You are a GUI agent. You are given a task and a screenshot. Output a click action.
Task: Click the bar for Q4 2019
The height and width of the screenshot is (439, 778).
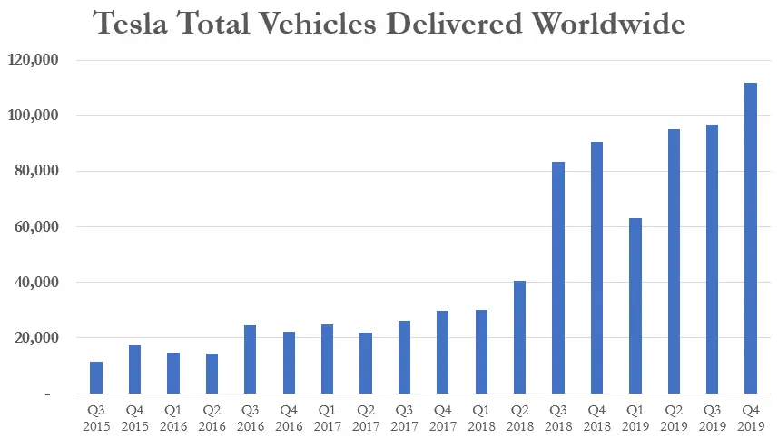[x=751, y=238]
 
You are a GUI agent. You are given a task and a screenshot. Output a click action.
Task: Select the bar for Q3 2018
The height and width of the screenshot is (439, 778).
[x=557, y=277]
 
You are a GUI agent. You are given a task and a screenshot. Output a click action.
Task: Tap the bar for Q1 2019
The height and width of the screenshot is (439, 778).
[x=635, y=305]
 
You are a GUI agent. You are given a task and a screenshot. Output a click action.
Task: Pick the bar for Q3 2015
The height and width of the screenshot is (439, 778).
[x=95, y=377]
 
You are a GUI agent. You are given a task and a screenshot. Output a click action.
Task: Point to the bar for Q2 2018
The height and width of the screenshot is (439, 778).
[x=519, y=337]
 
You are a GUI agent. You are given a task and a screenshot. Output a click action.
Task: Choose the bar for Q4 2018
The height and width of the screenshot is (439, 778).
[x=596, y=267]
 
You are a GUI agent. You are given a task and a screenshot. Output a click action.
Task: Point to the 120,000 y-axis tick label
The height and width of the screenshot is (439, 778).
[x=34, y=60]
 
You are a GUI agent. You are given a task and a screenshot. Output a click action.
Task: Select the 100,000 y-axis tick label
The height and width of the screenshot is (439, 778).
[x=34, y=116]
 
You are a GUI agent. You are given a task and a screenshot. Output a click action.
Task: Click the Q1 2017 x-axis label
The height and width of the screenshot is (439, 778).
[x=327, y=417]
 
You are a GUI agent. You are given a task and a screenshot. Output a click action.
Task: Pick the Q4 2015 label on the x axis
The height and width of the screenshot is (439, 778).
[x=134, y=417]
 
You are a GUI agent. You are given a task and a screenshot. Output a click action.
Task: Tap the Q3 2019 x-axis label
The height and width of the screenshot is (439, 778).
[x=712, y=417]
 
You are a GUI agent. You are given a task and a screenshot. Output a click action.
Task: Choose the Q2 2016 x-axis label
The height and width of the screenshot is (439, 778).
[x=212, y=417]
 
